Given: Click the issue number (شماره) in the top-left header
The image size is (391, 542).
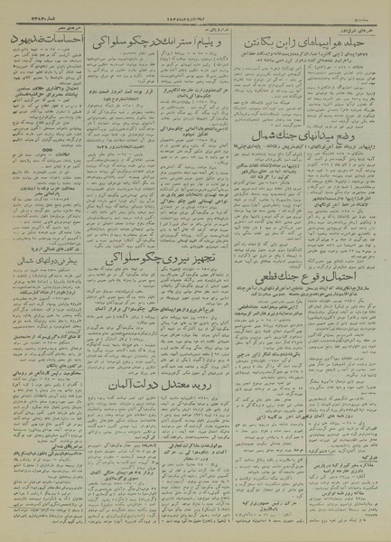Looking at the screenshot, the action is click(x=27, y=17).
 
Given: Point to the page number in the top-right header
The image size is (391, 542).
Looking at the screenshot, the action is click(x=368, y=17).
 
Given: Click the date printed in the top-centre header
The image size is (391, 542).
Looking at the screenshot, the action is click(x=181, y=17).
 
